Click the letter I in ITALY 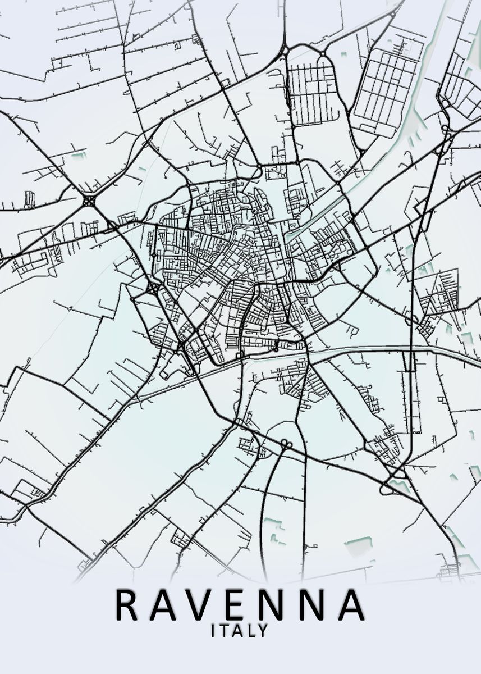pyautogui.click(x=213, y=631)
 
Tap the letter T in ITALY pyautogui.click(x=223, y=631)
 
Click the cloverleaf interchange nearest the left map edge pyautogui.click(x=89, y=201)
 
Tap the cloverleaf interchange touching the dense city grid pyautogui.click(x=153, y=289)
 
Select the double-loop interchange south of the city pyautogui.click(x=286, y=444)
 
